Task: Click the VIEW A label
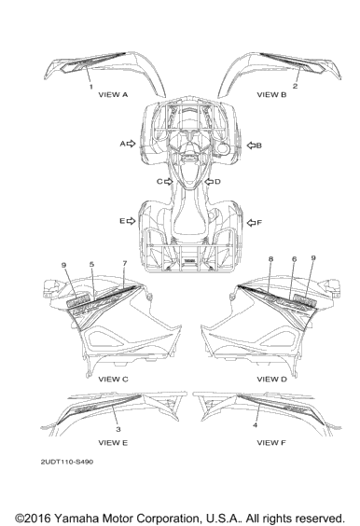(x=113, y=94)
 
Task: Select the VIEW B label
(x=271, y=94)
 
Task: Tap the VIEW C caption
(x=113, y=379)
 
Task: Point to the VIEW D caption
(x=272, y=379)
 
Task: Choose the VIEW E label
(x=113, y=443)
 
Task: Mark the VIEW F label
(x=271, y=443)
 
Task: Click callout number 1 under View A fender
(x=90, y=87)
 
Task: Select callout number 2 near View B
(x=295, y=86)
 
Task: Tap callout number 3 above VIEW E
(x=118, y=429)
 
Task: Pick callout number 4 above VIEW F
(x=256, y=425)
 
